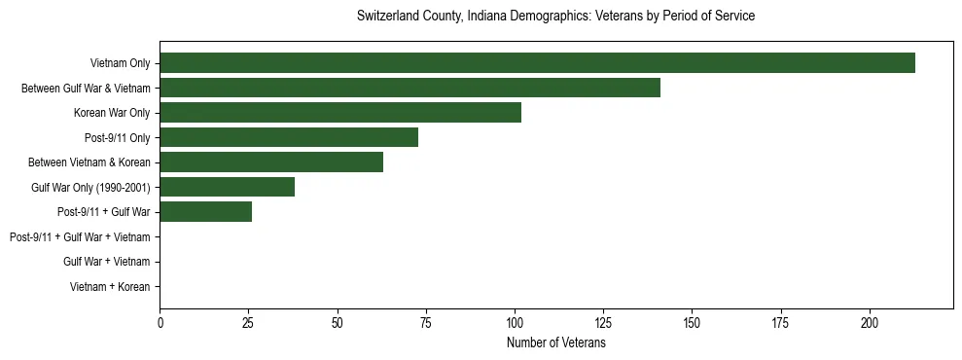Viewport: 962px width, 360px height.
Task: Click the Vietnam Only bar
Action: click(x=537, y=63)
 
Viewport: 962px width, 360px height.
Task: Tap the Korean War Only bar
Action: click(x=340, y=113)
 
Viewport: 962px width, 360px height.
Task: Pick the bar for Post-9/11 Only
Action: click(x=289, y=137)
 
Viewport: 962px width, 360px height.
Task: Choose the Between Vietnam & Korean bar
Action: click(x=271, y=162)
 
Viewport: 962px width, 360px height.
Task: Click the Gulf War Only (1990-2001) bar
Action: click(x=227, y=187)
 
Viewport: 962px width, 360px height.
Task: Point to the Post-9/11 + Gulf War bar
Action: click(x=205, y=212)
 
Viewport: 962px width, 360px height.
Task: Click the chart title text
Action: click(x=555, y=17)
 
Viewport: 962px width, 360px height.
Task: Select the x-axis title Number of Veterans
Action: click(x=555, y=343)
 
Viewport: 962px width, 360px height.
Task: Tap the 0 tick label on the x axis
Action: click(x=160, y=322)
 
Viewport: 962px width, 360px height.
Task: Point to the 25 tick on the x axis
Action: click(x=248, y=322)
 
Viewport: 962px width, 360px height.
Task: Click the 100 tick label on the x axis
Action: click(x=515, y=322)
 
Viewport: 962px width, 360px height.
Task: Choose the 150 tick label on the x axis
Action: click(x=692, y=322)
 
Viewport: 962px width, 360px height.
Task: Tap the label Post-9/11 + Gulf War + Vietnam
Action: click(x=80, y=236)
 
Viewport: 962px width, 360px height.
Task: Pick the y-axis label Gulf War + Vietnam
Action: click(x=106, y=262)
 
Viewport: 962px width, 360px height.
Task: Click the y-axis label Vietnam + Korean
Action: click(x=110, y=287)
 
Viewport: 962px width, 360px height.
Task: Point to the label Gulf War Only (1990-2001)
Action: click(x=90, y=187)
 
